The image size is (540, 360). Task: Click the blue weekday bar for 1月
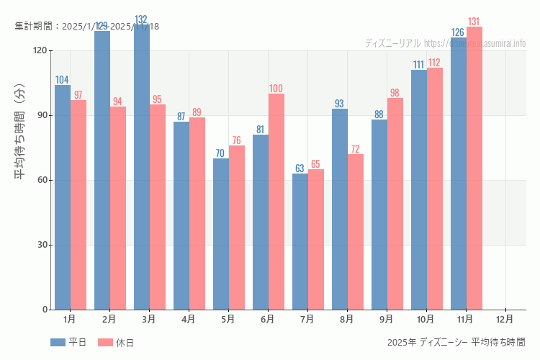click(x=63, y=197)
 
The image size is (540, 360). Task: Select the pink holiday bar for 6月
click(x=276, y=202)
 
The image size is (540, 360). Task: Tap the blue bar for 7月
click(x=300, y=241)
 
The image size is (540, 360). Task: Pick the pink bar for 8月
click(x=356, y=232)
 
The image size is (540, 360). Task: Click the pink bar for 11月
click(x=474, y=168)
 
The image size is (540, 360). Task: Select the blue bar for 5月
click(x=221, y=234)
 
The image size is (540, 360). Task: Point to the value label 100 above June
click(x=276, y=89)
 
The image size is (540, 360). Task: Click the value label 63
click(x=300, y=168)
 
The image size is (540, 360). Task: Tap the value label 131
click(x=474, y=22)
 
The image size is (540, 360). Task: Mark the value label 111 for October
click(x=418, y=65)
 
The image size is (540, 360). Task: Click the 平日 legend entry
click(x=69, y=343)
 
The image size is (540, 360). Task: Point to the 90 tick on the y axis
click(x=42, y=115)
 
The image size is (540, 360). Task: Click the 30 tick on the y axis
click(x=42, y=245)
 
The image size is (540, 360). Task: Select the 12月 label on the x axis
click(x=505, y=318)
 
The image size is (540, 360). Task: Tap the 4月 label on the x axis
click(x=189, y=318)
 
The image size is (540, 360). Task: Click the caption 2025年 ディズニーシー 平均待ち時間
click(x=456, y=342)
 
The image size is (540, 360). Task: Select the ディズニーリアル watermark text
click(x=392, y=43)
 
